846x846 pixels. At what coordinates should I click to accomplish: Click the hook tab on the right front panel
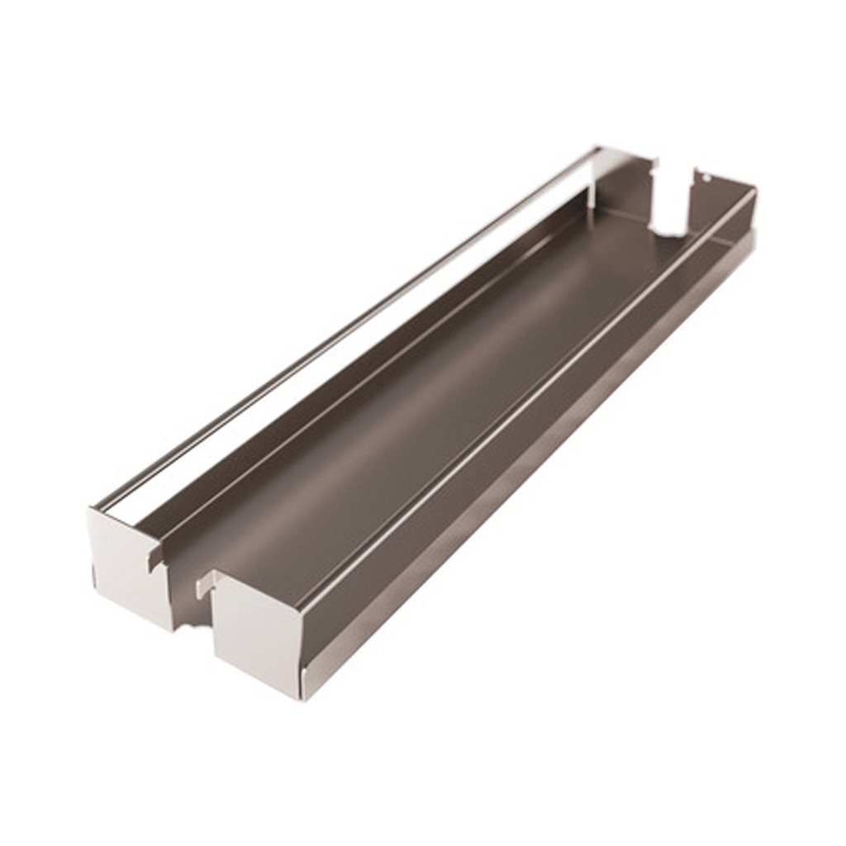tap(205, 585)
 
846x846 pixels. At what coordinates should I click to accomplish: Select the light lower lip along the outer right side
tap(537, 471)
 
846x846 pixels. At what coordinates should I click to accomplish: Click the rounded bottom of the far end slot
tap(669, 232)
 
